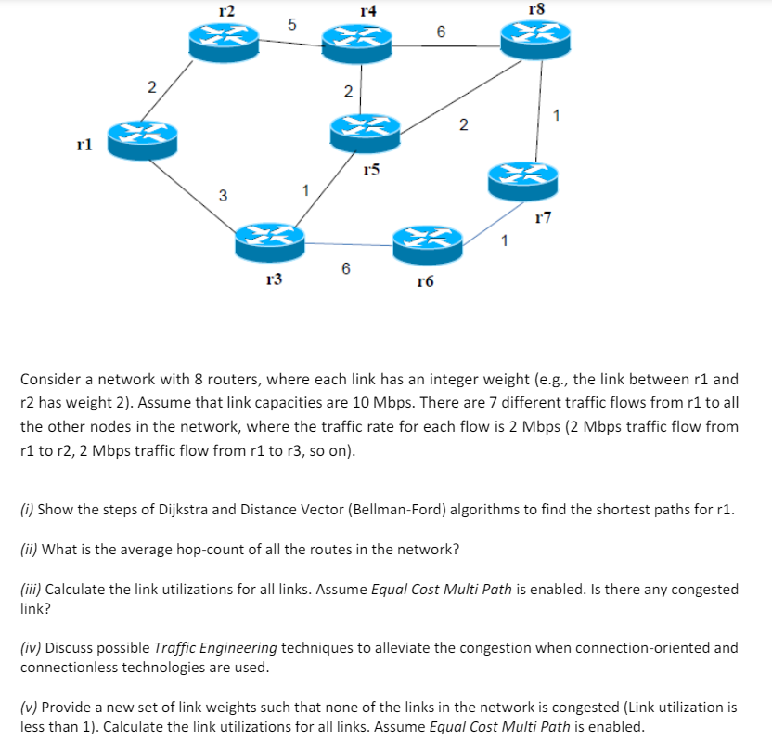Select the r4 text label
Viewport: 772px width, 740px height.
pyautogui.click(x=368, y=11)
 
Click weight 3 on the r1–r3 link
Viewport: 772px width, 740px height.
pyautogui.click(x=222, y=195)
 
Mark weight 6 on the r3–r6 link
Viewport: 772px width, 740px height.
pyautogui.click(x=345, y=268)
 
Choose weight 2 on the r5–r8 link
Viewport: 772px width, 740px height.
pyautogui.click(x=463, y=124)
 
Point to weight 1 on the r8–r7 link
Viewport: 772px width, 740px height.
pyautogui.click(x=555, y=116)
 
